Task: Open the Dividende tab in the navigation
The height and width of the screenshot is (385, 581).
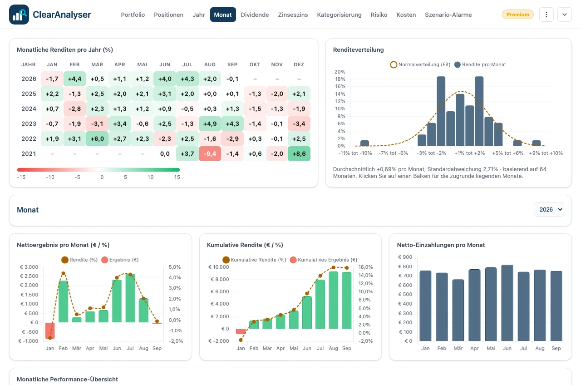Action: (x=255, y=15)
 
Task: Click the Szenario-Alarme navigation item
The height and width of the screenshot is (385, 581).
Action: (x=448, y=15)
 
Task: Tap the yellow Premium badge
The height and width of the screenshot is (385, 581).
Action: (x=518, y=15)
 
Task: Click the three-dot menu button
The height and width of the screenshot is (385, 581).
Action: (x=546, y=15)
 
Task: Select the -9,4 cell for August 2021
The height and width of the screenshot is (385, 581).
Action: (x=210, y=153)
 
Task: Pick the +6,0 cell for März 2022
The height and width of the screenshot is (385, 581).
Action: (x=97, y=138)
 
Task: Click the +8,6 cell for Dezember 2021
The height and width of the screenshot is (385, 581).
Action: (x=299, y=153)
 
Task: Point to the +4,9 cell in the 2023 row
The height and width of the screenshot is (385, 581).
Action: (x=210, y=123)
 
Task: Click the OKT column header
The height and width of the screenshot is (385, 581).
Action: (x=255, y=64)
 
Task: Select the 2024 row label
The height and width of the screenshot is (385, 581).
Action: (x=29, y=109)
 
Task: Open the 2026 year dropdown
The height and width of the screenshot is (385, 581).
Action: (x=549, y=209)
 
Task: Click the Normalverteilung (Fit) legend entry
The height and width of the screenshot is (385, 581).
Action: (x=420, y=64)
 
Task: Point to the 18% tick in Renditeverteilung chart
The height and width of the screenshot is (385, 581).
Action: (x=340, y=79)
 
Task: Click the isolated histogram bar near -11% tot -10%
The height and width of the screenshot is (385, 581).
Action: (x=364, y=143)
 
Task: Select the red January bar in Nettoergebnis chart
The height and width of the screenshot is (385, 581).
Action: (x=50, y=331)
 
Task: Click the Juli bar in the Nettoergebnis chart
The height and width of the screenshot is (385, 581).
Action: (x=130, y=298)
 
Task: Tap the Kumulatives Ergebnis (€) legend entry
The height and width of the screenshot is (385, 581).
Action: (x=324, y=260)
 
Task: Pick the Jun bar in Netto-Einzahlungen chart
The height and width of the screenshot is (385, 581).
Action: (x=507, y=303)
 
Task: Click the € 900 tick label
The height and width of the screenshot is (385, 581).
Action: (x=405, y=257)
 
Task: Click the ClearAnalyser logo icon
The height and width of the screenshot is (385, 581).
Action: (x=19, y=15)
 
